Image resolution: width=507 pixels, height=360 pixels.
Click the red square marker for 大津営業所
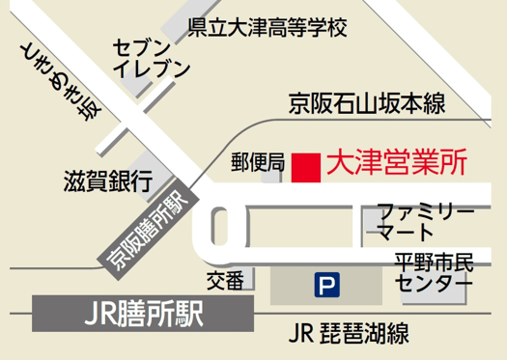[x=306, y=166]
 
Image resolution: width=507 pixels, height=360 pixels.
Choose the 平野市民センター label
[x=434, y=273]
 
